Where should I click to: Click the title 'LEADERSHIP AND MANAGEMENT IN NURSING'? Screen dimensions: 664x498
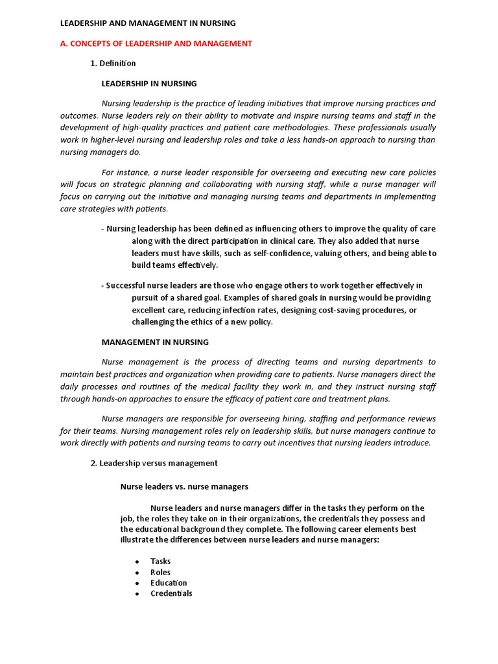coord(148,23)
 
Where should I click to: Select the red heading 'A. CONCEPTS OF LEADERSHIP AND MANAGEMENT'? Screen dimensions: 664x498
coord(156,43)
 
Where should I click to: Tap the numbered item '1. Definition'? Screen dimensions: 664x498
coord(113,64)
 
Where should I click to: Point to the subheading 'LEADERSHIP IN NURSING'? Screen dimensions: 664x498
coord(149,84)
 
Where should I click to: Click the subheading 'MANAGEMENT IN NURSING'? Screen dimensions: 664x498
coord(155,342)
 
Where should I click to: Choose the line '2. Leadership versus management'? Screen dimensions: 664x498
coord(154,463)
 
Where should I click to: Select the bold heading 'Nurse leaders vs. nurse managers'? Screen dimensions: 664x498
coord(185,486)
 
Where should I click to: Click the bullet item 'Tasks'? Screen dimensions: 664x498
coord(161,562)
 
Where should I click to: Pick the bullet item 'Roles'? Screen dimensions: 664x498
coord(161,572)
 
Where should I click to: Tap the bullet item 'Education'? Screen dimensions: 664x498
coord(169,583)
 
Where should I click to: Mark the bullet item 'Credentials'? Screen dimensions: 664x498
coord(171,593)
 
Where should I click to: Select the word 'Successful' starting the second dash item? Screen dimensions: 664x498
coord(127,285)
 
